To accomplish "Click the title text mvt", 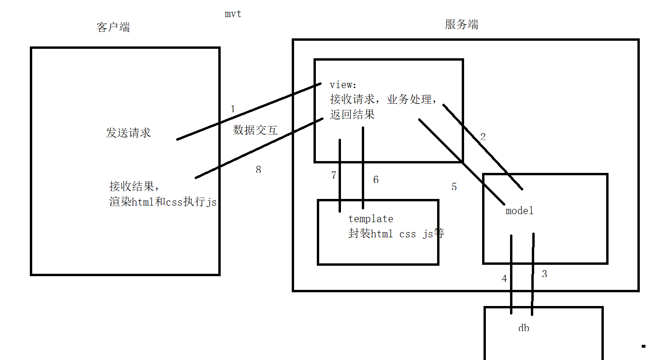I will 233,14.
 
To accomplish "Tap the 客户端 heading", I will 113,27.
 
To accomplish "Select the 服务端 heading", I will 461,25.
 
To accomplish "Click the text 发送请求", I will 128,133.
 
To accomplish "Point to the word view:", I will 341,85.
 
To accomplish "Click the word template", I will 371,219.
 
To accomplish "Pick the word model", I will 520,211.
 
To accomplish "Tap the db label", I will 523,328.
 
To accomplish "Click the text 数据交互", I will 255,130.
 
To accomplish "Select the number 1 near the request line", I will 233,109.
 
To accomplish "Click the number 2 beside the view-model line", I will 483,137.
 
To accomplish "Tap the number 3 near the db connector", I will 545,274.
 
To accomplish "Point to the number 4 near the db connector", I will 504,279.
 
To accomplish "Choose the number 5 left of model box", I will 454,187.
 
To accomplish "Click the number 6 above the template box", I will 376,180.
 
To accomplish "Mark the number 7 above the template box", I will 334,175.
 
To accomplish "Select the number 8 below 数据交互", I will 258,170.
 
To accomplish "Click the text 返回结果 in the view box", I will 352,115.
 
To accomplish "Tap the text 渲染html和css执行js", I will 163,202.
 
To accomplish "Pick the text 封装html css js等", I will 396,234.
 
